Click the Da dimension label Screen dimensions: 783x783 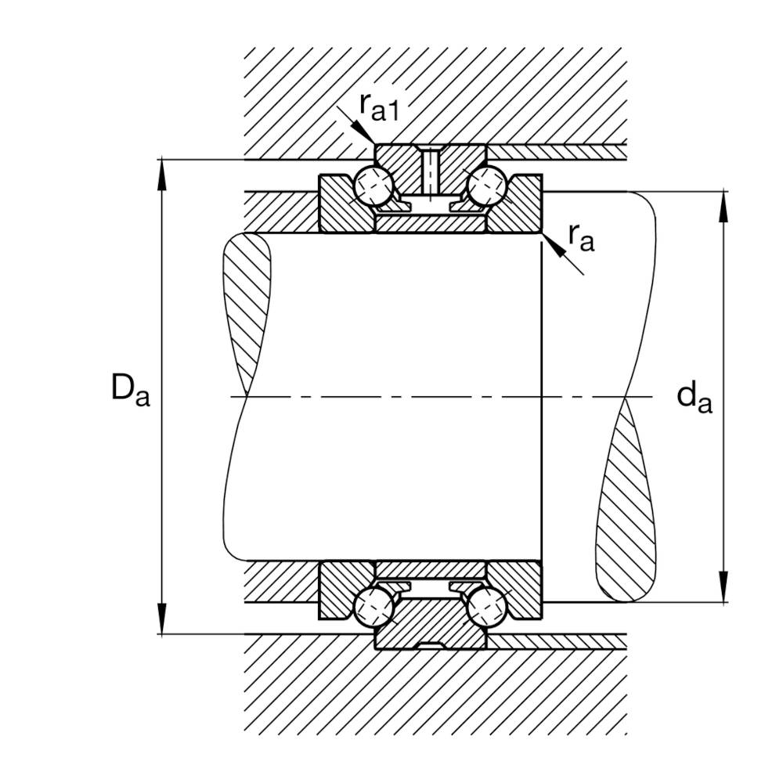pyautogui.click(x=130, y=389)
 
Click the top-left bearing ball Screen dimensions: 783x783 pyautogui.click(x=373, y=186)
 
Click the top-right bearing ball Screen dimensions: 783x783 pyautogui.click(x=487, y=186)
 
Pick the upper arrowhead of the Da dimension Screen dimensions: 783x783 pyautogui.click(x=161, y=175)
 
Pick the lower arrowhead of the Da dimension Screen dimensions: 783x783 pyautogui.click(x=161, y=619)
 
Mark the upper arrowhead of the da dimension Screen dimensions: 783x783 pyautogui.click(x=723, y=206)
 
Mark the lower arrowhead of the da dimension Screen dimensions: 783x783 pyautogui.click(x=723, y=586)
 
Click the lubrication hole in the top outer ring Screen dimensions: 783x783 pyautogui.click(x=430, y=172)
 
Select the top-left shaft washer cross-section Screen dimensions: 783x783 pyautogui.click(x=346, y=204)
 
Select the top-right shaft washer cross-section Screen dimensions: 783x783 pyautogui.click(x=514, y=204)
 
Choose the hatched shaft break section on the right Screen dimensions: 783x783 pyautogui.click(x=626, y=500)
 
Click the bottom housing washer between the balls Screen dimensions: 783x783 pyautogui.click(x=430, y=624)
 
